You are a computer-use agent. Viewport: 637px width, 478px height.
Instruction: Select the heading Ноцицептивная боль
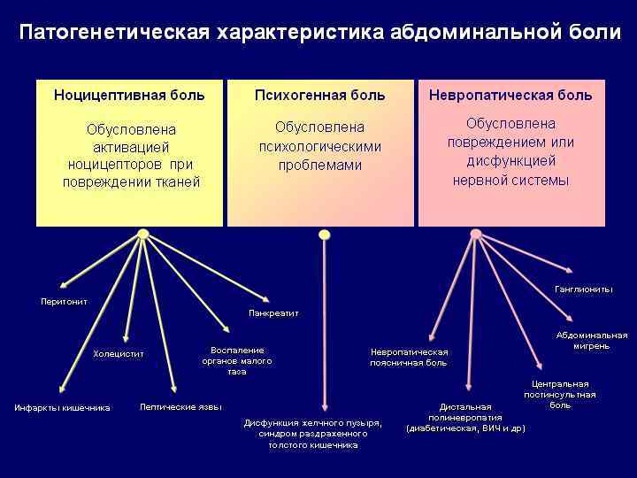point(129,95)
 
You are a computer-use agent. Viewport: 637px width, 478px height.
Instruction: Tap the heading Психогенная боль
point(319,95)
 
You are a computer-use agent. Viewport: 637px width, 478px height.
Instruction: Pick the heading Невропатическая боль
point(510,95)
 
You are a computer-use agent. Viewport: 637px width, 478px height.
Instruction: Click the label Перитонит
point(64,302)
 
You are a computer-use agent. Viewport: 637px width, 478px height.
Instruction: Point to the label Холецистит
point(118,354)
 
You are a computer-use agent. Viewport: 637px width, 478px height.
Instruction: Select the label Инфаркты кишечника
point(62,408)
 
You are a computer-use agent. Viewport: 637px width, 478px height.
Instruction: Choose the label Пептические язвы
point(180,407)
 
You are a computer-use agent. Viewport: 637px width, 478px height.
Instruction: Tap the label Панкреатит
point(273,313)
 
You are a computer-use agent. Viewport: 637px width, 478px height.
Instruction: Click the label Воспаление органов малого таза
point(236,361)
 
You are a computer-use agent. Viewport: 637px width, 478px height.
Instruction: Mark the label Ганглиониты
point(583,289)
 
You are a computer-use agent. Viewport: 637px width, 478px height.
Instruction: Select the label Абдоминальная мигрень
point(591,340)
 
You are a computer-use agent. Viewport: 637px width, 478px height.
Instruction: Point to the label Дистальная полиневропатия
point(465,418)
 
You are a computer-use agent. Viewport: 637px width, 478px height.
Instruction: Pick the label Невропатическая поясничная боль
point(409,357)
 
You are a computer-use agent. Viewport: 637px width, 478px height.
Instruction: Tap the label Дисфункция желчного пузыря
point(313,423)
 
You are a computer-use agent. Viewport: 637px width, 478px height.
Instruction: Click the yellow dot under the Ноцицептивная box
point(142,235)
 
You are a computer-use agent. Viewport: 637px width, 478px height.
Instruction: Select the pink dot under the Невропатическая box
point(475,235)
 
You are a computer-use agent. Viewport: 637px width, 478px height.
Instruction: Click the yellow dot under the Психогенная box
point(324,235)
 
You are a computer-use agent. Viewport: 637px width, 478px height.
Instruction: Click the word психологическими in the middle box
point(319,146)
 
